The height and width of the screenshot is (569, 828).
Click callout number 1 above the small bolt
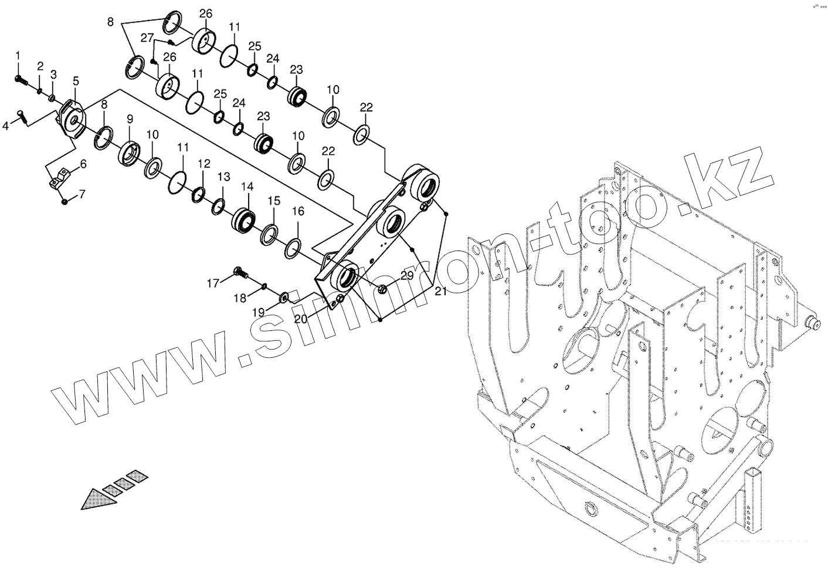point(18,55)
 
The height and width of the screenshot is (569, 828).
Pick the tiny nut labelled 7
point(65,202)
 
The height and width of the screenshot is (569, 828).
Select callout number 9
point(129,119)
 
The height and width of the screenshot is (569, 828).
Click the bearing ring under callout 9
point(129,153)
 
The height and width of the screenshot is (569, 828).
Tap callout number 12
point(203,163)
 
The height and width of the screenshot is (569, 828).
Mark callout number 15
point(274,201)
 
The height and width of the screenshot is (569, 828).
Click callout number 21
point(441,292)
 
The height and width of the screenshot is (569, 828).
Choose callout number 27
point(147,38)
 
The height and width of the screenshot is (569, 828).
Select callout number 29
point(406,275)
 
